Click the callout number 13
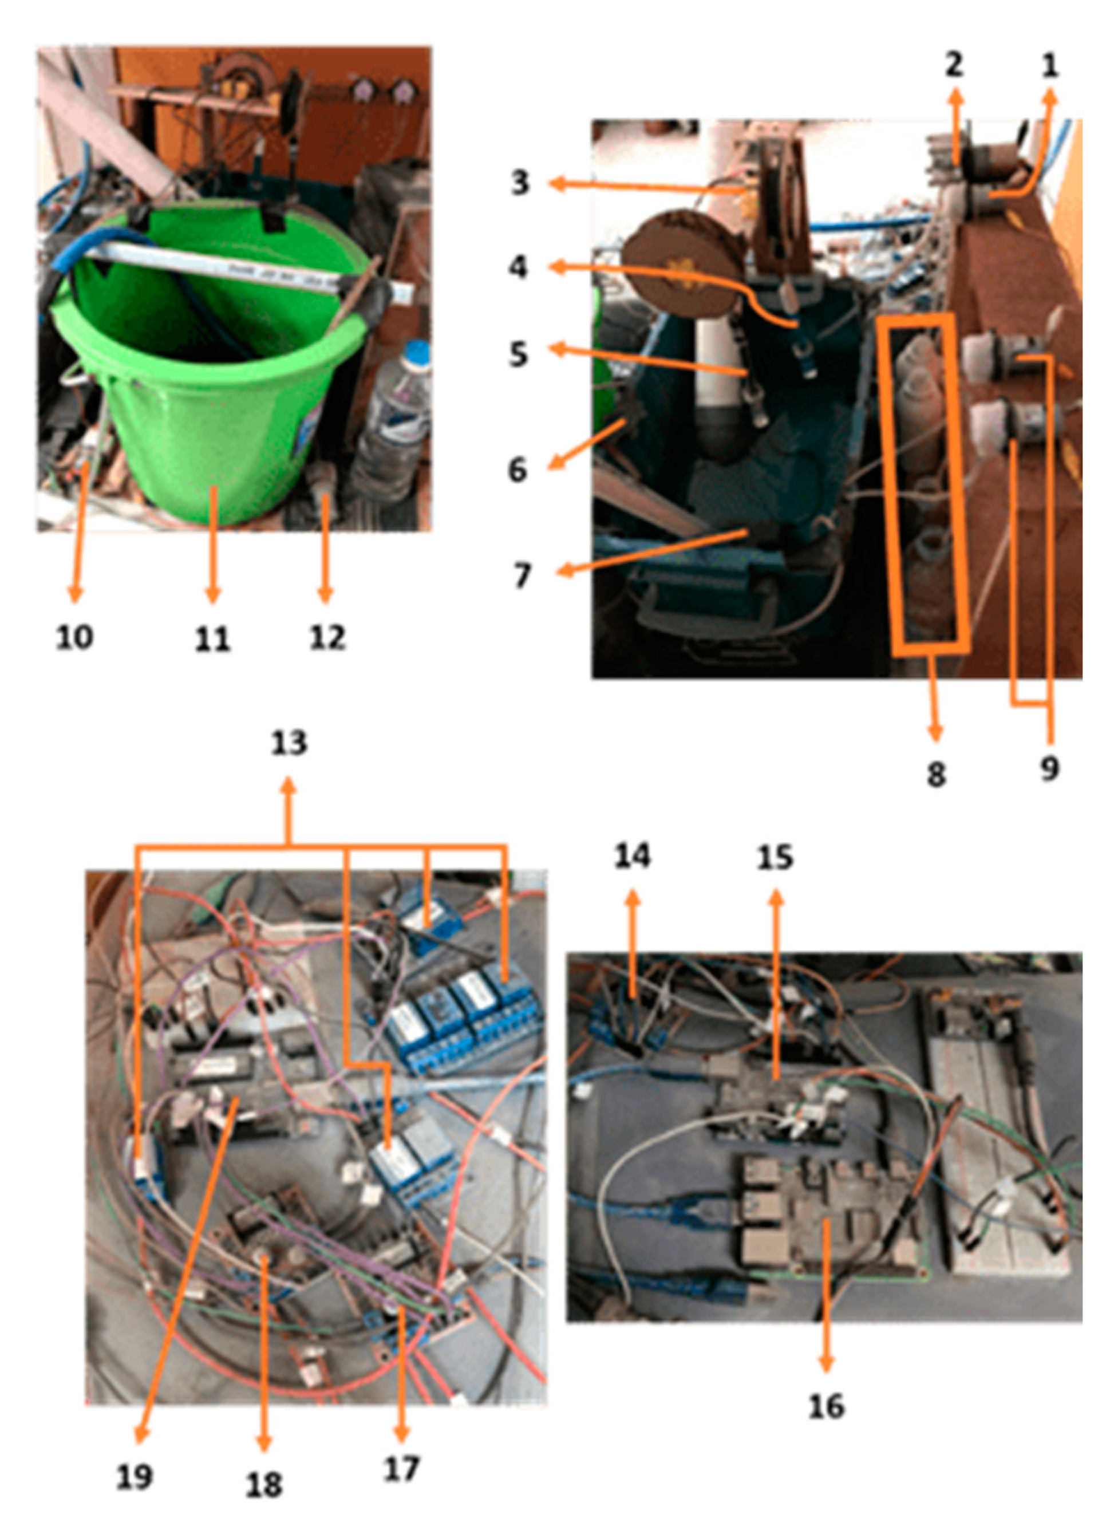pos(289,743)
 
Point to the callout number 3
pos(520,182)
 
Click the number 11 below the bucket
pos(212,638)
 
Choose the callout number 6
pos(517,469)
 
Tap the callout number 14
pos(633,855)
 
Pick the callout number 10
pos(74,636)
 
